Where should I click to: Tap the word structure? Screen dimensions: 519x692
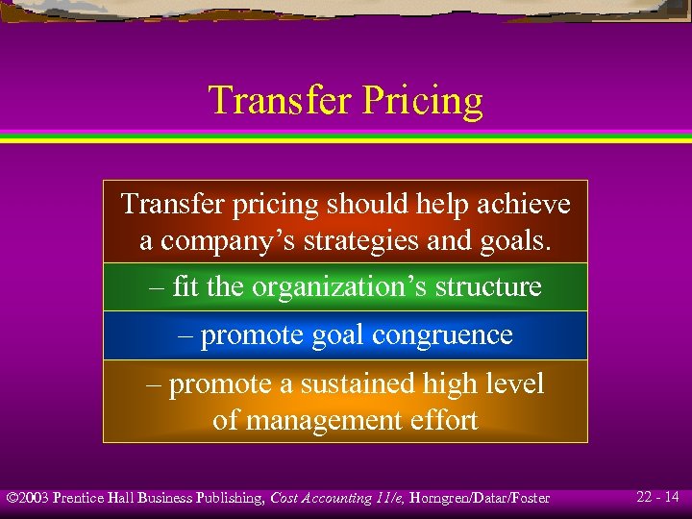coord(488,287)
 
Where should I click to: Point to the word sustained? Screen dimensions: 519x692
coord(358,384)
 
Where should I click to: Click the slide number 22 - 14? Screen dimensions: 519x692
coord(658,497)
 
